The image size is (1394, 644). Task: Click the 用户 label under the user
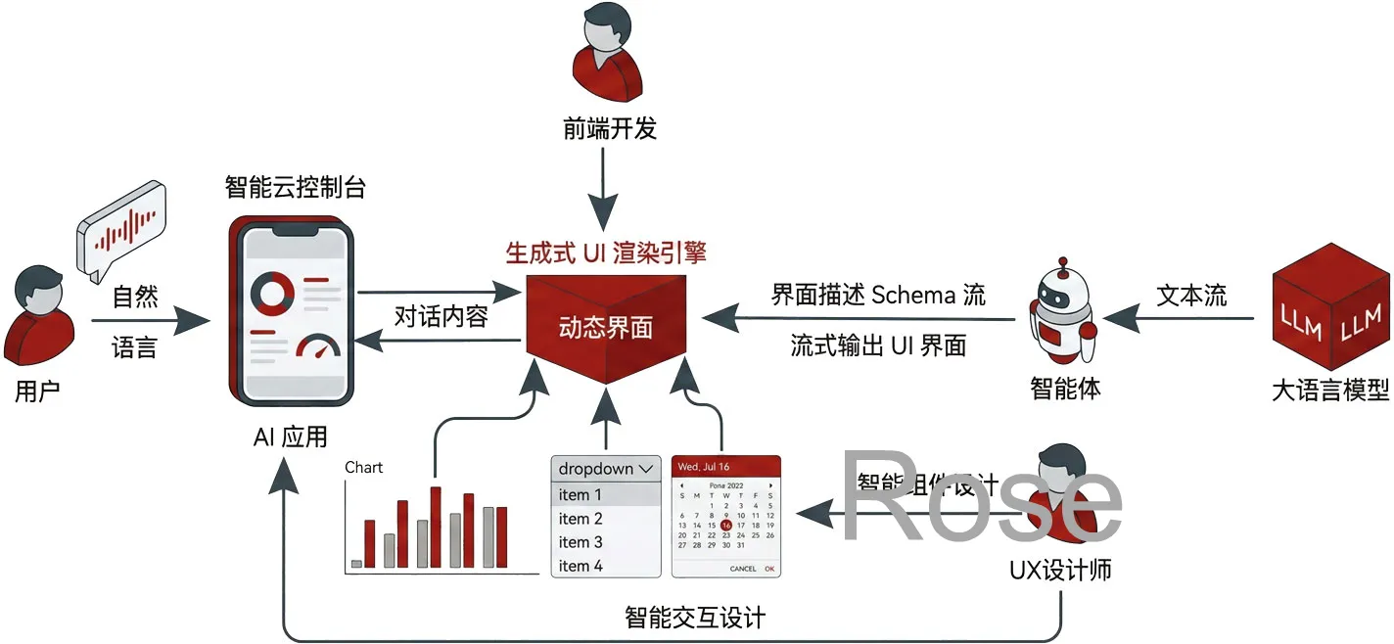click(37, 391)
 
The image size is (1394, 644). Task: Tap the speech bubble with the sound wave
click(121, 231)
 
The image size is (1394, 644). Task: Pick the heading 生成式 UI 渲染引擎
click(605, 253)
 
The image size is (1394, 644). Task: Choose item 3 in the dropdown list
click(581, 542)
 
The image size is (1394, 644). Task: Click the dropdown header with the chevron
click(606, 469)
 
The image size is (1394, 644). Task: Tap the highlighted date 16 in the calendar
click(725, 525)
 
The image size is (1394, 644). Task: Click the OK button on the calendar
click(769, 569)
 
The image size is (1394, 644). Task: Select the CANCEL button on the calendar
click(742, 569)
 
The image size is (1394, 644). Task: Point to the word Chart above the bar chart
click(363, 467)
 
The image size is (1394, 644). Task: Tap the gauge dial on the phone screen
click(317, 348)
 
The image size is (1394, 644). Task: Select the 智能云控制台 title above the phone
click(295, 186)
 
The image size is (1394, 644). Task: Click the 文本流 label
click(1190, 295)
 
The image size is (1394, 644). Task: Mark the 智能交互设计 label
click(695, 618)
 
